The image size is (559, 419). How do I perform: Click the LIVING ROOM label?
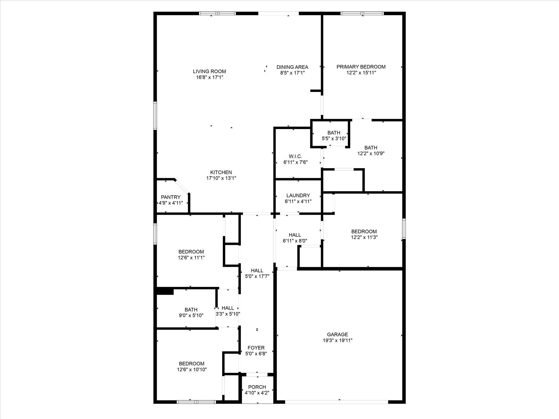(x=209, y=72)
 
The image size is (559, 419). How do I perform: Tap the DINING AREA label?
(x=292, y=67)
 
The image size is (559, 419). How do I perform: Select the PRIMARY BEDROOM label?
(x=361, y=67)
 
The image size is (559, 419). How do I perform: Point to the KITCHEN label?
(x=221, y=172)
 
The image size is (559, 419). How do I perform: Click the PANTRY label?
(x=171, y=197)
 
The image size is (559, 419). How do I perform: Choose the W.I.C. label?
(x=295, y=156)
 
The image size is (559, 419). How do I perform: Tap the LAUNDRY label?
(x=298, y=196)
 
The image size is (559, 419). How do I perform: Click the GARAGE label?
(x=338, y=334)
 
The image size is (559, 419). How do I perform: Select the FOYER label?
(x=256, y=348)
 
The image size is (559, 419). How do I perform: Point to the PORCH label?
(x=257, y=387)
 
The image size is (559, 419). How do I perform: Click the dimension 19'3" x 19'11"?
(x=338, y=340)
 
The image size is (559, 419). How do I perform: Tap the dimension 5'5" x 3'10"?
(x=334, y=138)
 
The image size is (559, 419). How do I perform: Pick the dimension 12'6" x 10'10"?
(x=192, y=369)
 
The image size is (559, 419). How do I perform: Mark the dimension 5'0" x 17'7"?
(x=257, y=276)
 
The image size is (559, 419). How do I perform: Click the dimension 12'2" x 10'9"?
(x=371, y=153)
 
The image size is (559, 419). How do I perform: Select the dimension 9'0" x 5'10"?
(x=191, y=315)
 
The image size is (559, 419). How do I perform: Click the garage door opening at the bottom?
(x=337, y=402)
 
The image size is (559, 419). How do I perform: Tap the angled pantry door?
(x=182, y=186)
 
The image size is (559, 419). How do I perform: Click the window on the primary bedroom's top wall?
(x=362, y=13)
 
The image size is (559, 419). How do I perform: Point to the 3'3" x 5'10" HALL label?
(x=228, y=308)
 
